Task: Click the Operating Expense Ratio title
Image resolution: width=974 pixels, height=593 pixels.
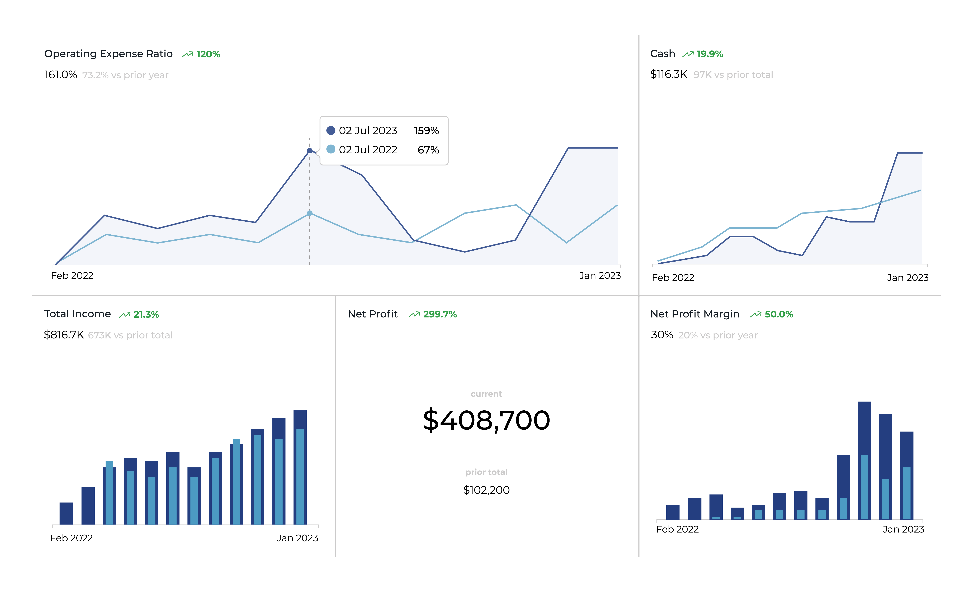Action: (x=108, y=54)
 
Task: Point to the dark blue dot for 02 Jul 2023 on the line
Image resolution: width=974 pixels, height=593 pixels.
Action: (x=310, y=151)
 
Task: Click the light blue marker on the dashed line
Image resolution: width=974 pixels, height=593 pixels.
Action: (x=310, y=213)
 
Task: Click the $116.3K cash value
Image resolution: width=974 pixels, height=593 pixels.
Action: (x=668, y=74)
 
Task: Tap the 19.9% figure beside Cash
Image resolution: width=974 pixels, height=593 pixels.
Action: (x=710, y=54)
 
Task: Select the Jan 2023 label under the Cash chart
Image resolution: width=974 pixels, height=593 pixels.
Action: (x=907, y=278)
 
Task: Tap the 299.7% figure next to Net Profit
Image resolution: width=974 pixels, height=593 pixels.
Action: (x=439, y=314)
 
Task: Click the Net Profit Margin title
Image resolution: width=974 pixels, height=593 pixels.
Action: (x=694, y=314)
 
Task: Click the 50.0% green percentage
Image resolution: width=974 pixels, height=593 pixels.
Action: (x=779, y=314)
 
